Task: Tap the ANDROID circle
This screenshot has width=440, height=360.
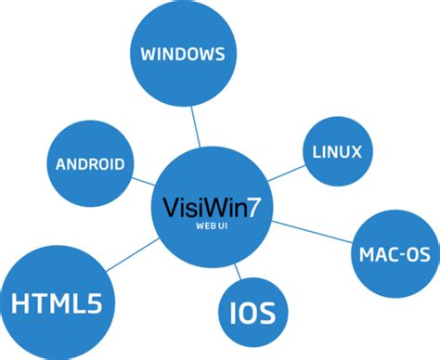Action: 90,165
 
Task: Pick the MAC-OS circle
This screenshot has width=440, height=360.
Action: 389,251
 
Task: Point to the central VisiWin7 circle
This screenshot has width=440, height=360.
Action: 212,209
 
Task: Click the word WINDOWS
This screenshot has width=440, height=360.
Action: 182,54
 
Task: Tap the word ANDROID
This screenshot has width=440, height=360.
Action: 90,165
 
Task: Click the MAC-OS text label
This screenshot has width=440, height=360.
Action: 390,251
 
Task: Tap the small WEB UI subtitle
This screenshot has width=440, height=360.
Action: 212,225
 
